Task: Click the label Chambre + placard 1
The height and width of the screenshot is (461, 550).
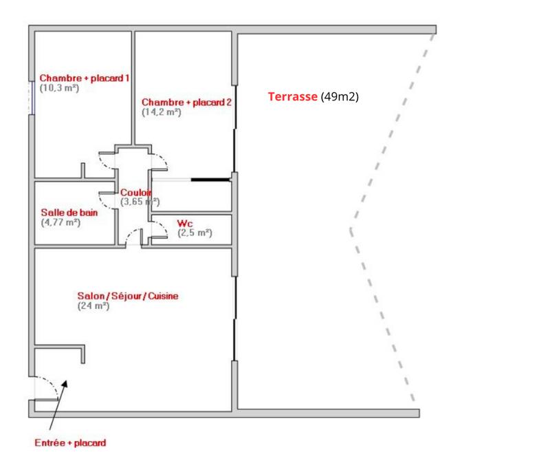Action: (84, 78)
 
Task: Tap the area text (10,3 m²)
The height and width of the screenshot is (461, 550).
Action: (58, 88)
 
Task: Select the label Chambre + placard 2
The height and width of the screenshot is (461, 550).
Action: (186, 103)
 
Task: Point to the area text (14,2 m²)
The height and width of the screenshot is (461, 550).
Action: (161, 112)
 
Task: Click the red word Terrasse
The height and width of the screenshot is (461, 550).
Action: (292, 97)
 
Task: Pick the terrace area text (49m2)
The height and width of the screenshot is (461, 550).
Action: (340, 97)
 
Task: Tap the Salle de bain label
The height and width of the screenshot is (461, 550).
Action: (69, 213)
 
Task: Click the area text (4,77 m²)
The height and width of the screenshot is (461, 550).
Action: (60, 222)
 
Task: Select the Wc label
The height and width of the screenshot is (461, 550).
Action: (184, 224)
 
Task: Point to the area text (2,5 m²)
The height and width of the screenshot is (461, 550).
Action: (195, 233)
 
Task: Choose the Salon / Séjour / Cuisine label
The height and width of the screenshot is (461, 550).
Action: (128, 296)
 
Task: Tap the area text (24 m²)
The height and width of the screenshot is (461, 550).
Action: (93, 305)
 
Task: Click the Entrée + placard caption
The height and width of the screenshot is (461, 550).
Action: (70, 443)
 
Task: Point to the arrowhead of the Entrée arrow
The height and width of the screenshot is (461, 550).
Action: (66, 383)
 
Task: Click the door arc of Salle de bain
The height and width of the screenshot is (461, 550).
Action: (106, 200)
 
